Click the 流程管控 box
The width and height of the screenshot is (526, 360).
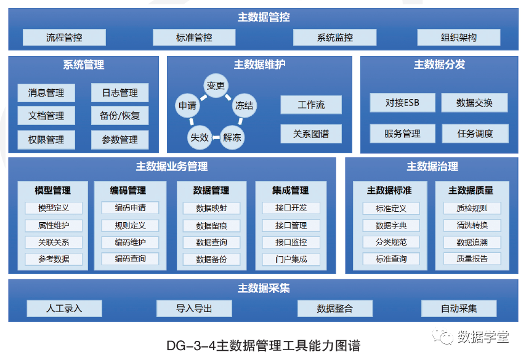[64, 38]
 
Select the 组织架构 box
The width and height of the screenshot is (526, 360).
[459, 38]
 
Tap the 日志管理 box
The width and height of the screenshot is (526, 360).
[120, 93]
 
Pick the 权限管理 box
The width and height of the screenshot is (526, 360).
[46, 140]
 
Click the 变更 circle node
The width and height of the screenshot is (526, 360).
[216, 86]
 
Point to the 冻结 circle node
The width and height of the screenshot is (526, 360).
[244, 105]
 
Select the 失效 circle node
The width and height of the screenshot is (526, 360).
[199, 137]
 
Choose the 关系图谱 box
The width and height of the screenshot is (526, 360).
[311, 134]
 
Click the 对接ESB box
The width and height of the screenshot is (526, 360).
[402, 103]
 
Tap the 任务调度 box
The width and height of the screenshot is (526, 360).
[475, 134]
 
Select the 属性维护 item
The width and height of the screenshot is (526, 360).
[53, 225]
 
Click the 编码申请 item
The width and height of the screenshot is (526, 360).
[130, 208]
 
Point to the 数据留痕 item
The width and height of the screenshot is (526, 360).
[211, 226]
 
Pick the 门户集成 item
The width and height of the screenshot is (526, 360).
[291, 259]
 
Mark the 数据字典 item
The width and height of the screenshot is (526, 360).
[391, 226]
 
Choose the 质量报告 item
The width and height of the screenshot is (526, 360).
[472, 259]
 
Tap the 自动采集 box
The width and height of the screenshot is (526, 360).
[459, 308]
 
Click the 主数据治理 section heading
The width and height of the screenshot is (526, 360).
[432, 167]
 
